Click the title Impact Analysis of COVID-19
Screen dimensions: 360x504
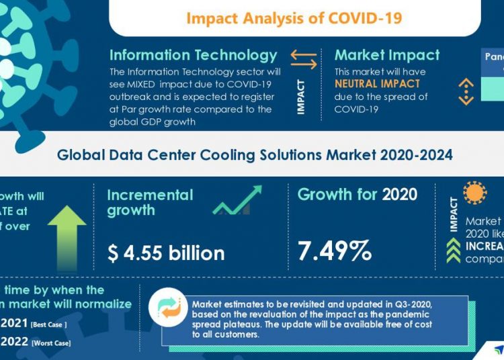(x=294, y=17)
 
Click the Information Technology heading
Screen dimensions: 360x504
(x=194, y=55)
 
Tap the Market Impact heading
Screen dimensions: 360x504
(x=387, y=55)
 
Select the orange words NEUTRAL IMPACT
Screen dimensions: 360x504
(x=377, y=84)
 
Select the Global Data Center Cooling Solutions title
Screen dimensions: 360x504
(x=255, y=155)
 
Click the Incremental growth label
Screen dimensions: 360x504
(x=150, y=202)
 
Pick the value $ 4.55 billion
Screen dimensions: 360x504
(x=166, y=253)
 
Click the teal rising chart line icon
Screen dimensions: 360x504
(x=237, y=200)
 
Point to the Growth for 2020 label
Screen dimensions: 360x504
(x=357, y=195)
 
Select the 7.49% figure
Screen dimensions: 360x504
(x=334, y=251)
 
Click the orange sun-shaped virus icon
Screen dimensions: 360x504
(x=474, y=193)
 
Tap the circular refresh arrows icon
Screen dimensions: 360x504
(x=165, y=306)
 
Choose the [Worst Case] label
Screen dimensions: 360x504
(x=51, y=343)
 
